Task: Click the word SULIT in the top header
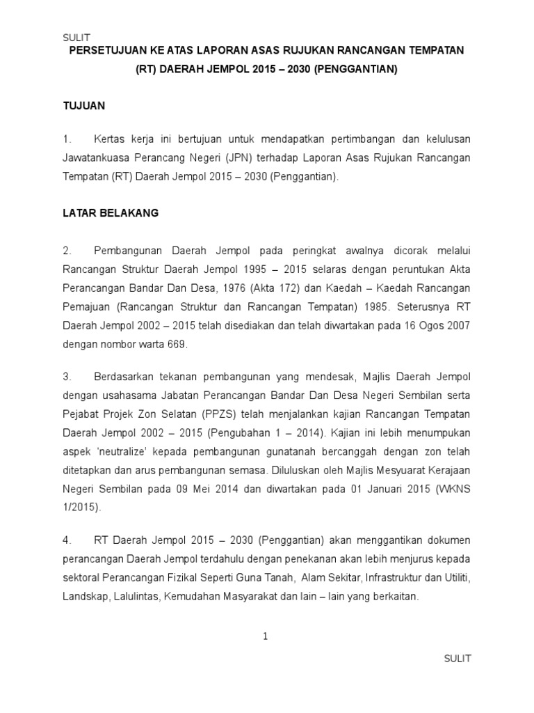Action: click(76, 38)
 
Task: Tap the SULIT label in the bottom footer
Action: click(458, 659)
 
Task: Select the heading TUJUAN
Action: click(83, 106)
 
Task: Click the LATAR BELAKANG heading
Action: click(111, 214)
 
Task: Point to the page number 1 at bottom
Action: click(266, 636)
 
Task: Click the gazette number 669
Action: click(177, 344)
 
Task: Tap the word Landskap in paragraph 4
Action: click(83, 597)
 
